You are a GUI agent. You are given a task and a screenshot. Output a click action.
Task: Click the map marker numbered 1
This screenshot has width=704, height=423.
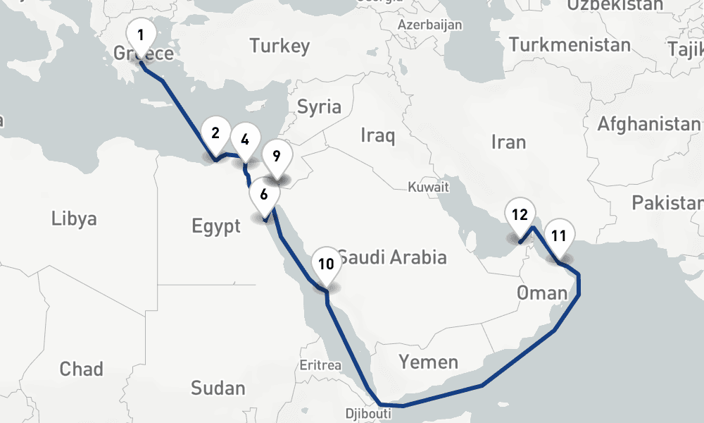(x=141, y=35)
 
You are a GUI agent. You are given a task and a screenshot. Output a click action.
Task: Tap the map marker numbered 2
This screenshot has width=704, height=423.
(x=215, y=133)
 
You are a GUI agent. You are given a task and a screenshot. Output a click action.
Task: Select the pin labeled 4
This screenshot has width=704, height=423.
(x=244, y=140)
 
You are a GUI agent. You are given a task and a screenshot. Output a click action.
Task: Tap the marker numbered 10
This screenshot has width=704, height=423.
(x=325, y=264)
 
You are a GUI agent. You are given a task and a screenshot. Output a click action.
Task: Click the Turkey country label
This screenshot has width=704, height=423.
(x=279, y=47)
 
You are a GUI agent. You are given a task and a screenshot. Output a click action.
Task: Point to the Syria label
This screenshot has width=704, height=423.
(x=319, y=108)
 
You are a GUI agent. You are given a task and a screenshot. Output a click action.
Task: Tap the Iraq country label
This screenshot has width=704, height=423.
(x=377, y=135)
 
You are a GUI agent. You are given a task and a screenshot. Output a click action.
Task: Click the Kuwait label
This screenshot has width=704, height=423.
(x=428, y=188)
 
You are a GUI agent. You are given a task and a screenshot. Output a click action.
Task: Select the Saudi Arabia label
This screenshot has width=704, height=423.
(x=391, y=257)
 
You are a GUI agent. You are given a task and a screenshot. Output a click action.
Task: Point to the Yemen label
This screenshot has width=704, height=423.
(x=428, y=363)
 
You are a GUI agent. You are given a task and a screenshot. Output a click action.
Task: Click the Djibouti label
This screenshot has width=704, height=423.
(x=368, y=414)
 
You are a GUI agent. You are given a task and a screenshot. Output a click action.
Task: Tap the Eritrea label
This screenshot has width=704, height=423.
(x=320, y=365)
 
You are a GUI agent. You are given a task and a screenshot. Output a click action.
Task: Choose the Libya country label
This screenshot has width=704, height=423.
(x=74, y=219)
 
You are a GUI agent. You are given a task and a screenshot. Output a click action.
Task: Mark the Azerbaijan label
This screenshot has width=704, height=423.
(x=430, y=25)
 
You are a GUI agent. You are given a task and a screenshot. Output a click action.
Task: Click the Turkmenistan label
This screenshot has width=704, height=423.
(x=570, y=45)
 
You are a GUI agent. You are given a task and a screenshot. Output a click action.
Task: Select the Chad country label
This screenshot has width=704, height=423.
(x=81, y=369)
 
